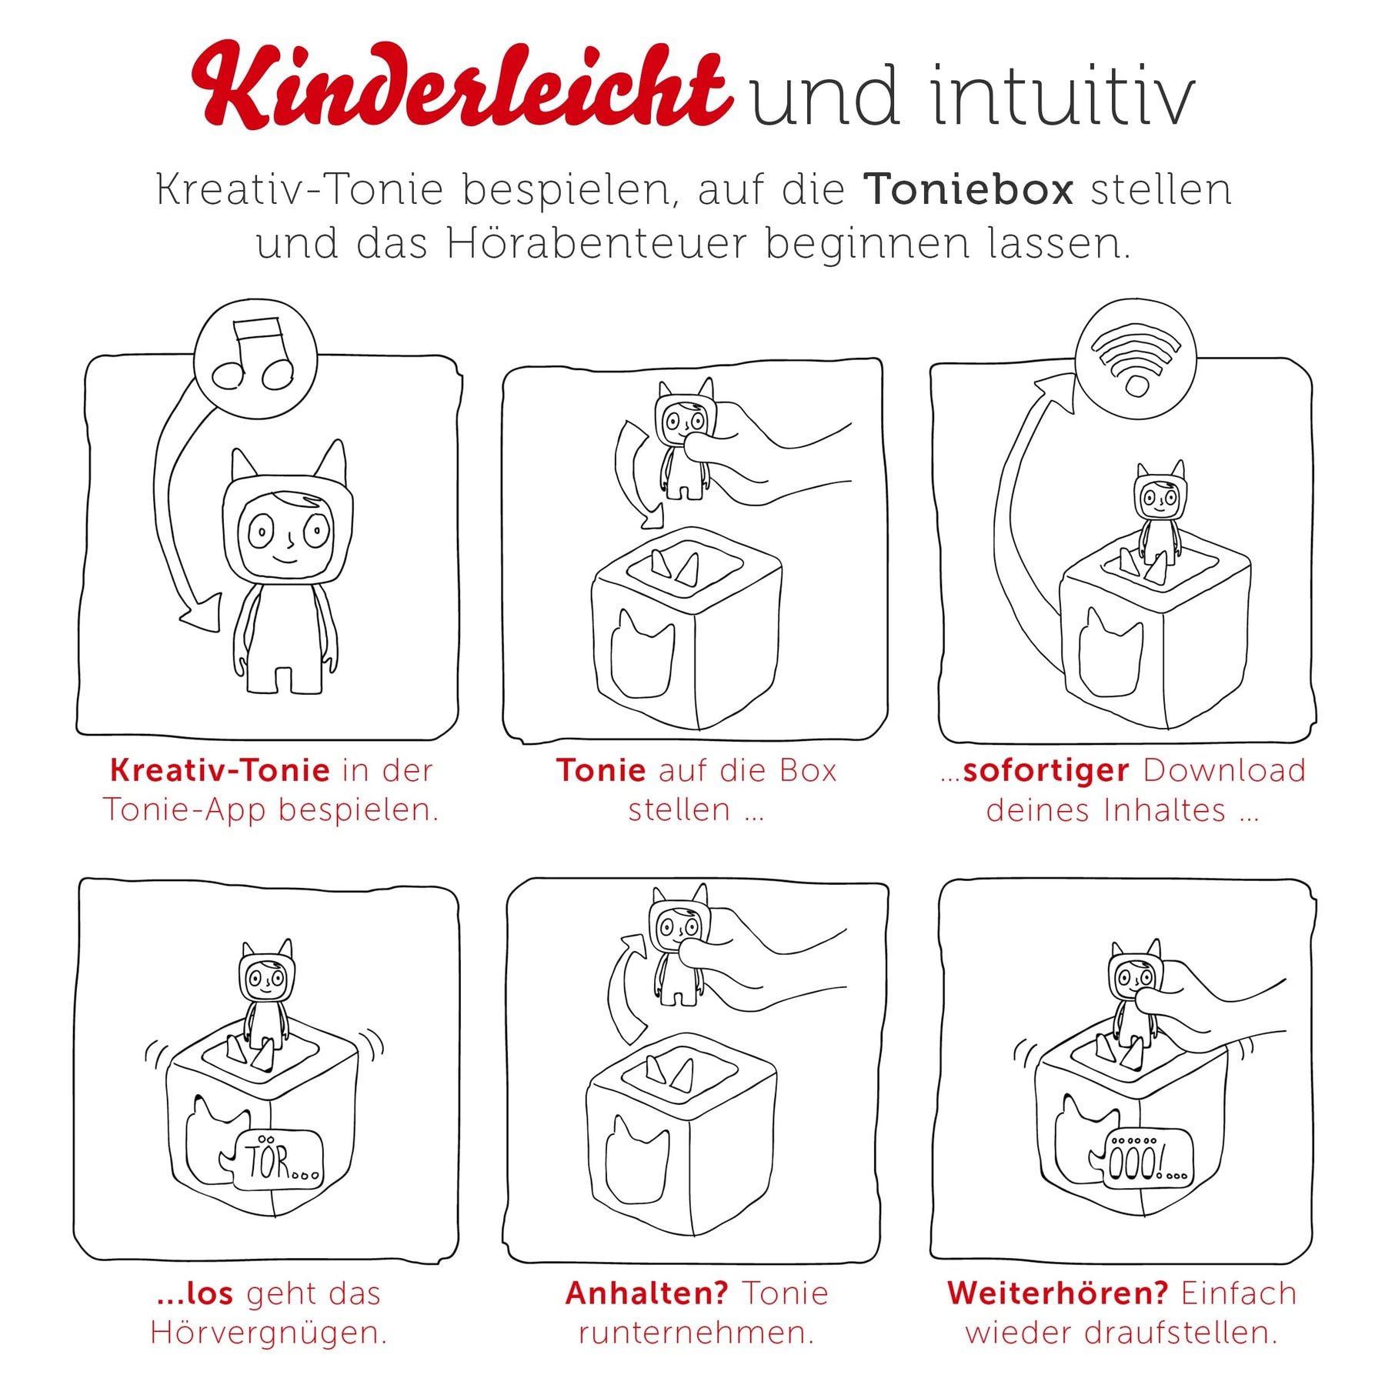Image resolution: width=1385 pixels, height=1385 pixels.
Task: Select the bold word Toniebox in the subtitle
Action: (968, 189)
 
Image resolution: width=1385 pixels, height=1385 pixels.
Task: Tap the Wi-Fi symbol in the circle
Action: (1136, 358)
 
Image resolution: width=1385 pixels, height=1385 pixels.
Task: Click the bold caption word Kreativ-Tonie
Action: (220, 770)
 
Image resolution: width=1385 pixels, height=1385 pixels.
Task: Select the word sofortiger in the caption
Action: (1046, 771)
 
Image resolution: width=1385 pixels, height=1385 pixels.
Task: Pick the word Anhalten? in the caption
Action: (646, 1293)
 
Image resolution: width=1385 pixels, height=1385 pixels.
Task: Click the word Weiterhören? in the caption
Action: (1058, 1293)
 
